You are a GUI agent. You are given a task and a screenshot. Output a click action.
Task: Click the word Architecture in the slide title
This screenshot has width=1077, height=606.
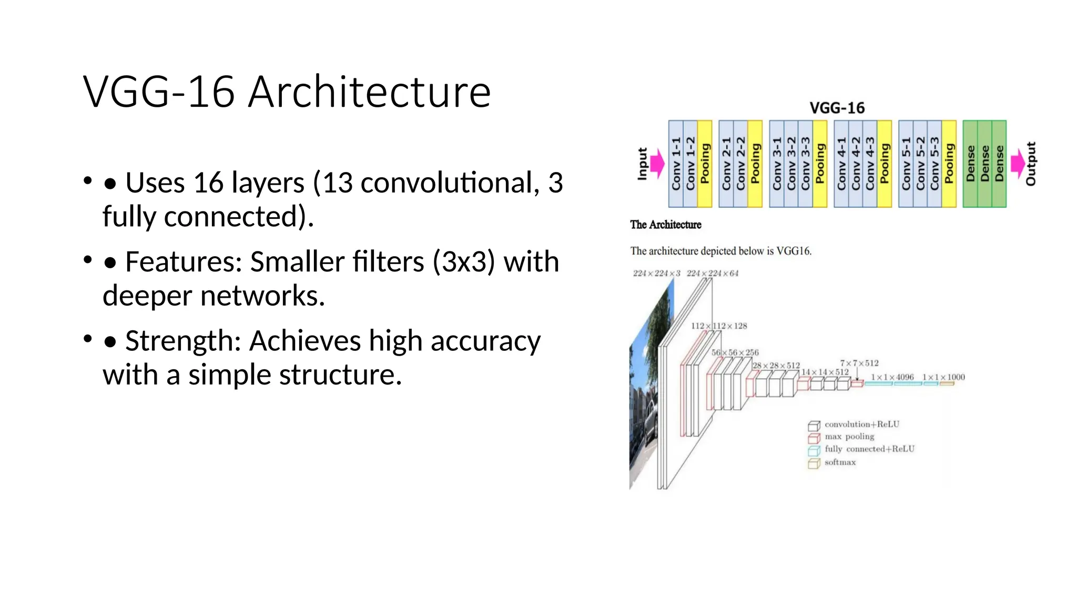[369, 93]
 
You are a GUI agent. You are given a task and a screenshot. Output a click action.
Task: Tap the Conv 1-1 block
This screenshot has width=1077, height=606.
[676, 164]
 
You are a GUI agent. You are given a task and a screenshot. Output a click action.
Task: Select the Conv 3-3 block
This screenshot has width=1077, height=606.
[806, 164]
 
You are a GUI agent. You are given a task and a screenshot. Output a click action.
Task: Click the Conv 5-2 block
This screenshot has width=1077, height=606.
[920, 164]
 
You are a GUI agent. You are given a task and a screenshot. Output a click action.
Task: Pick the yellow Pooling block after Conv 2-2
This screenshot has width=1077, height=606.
[755, 164]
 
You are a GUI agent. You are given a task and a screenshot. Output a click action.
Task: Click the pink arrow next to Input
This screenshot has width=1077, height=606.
[657, 164]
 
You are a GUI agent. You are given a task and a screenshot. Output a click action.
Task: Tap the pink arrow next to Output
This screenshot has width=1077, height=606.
[1018, 164]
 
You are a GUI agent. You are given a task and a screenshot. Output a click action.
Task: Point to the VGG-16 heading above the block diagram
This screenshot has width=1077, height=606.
[837, 108]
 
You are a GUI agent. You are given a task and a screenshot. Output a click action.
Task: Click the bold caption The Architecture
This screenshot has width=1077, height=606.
[666, 225]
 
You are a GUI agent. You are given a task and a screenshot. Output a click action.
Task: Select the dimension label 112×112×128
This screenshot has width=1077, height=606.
[719, 326]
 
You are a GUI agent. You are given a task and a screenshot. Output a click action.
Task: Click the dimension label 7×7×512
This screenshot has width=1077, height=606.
[859, 363]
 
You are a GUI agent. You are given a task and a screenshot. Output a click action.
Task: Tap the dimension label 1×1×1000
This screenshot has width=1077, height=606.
[943, 377]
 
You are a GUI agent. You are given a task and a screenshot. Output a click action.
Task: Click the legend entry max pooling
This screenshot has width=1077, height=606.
[849, 437]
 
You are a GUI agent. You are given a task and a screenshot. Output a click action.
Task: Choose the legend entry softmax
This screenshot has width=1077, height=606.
[840, 462]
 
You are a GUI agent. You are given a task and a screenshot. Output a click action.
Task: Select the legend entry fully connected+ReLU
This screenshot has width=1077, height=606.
[869, 449]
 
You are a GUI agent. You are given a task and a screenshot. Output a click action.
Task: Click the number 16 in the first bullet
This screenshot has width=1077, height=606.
[208, 183]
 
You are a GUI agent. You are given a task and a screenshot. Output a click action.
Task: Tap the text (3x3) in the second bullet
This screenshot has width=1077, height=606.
[464, 262]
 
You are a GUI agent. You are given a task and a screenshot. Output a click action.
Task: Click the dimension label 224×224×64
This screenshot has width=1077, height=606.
[713, 274]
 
